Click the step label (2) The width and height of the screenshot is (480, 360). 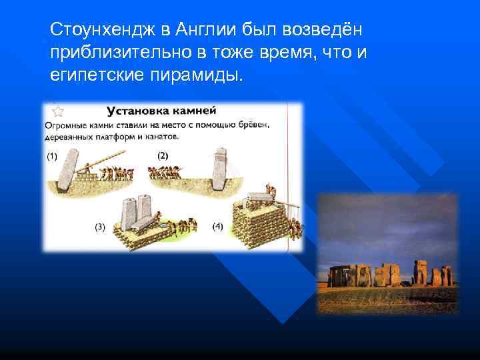[x=163, y=156]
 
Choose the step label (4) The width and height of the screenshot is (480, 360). [x=217, y=227]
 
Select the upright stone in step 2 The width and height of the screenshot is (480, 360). [x=219, y=171]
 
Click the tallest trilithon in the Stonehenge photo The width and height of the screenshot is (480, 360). [x=421, y=271]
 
